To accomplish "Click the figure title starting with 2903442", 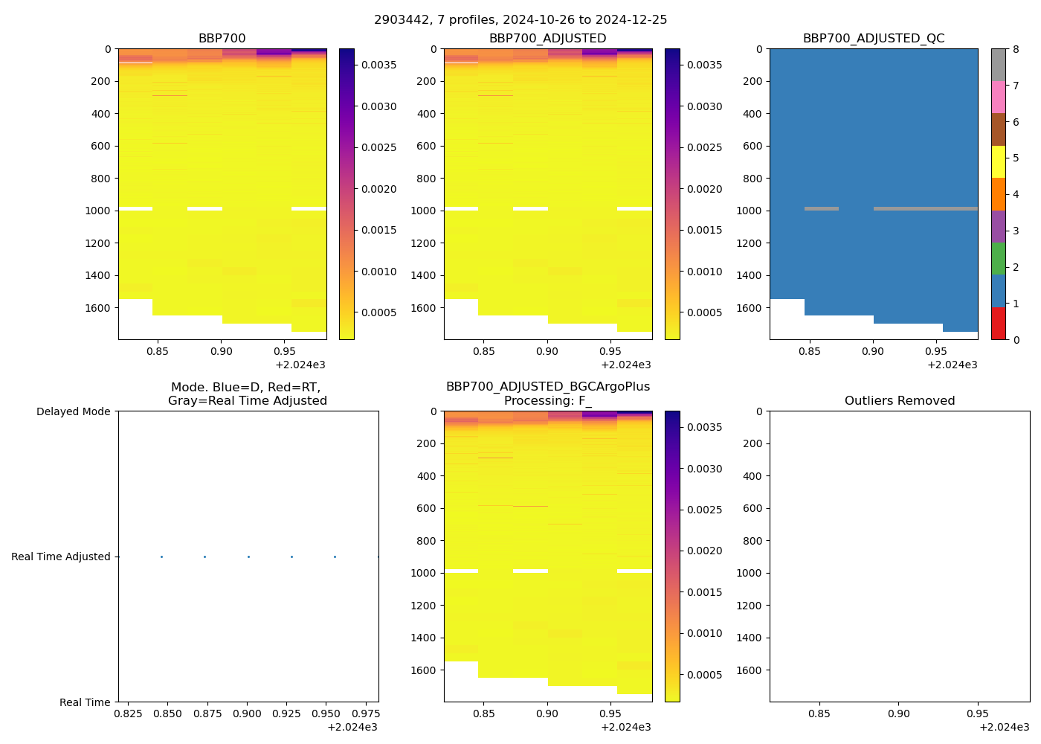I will click(x=520, y=20).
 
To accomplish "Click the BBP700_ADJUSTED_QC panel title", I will click(x=873, y=39).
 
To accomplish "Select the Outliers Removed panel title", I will click(x=899, y=401).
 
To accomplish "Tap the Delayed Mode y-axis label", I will click(x=73, y=411).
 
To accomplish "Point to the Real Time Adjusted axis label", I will click(x=60, y=557).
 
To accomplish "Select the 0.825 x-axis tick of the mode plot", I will click(x=128, y=713).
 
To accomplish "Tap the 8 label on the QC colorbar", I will click(x=1015, y=50).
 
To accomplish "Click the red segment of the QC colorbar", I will click(x=998, y=324).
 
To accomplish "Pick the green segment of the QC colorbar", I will click(x=998, y=259).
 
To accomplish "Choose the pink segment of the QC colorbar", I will click(x=998, y=97).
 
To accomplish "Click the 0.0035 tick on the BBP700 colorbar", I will click(x=378, y=65).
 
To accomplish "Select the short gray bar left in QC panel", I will click(x=821, y=209).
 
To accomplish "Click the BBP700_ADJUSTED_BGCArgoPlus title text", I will click(x=547, y=387).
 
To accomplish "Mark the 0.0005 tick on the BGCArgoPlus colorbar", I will click(x=704, y=675).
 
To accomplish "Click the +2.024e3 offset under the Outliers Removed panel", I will click(x=1004, y=727).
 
